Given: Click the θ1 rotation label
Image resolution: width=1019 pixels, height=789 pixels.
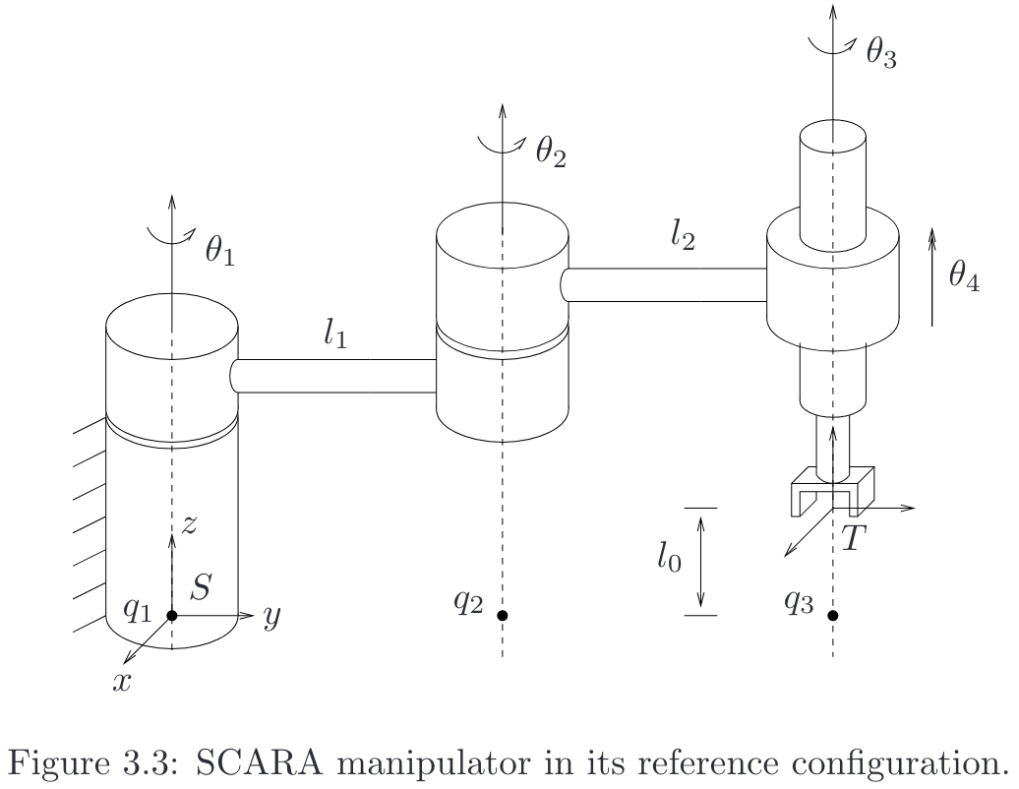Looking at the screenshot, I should (219, 253).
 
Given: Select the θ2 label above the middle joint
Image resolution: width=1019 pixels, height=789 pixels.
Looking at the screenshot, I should (551, 152).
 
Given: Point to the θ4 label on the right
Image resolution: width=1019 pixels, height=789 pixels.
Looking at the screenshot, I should (964, 276).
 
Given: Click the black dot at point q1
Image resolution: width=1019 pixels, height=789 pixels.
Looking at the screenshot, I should (172, 616).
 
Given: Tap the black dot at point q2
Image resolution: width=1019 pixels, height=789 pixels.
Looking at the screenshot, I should (503, 616).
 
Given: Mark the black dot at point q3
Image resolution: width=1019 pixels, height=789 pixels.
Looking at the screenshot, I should (833, 616).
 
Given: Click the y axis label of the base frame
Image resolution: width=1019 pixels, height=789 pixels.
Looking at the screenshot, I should (272, 619).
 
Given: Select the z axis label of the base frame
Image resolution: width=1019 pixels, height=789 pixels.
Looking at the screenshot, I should (190, 523).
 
